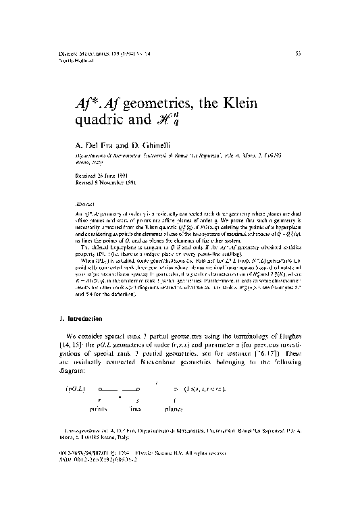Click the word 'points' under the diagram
coord(102,409)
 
